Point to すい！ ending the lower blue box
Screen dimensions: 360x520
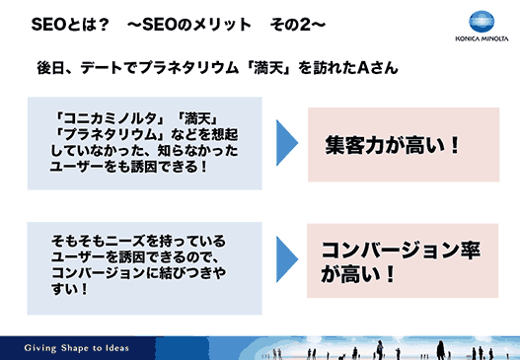click(x=70, y=290)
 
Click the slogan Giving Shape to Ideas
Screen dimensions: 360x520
click(x=76, y=348)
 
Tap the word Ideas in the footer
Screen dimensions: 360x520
click(x=113, y=348)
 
